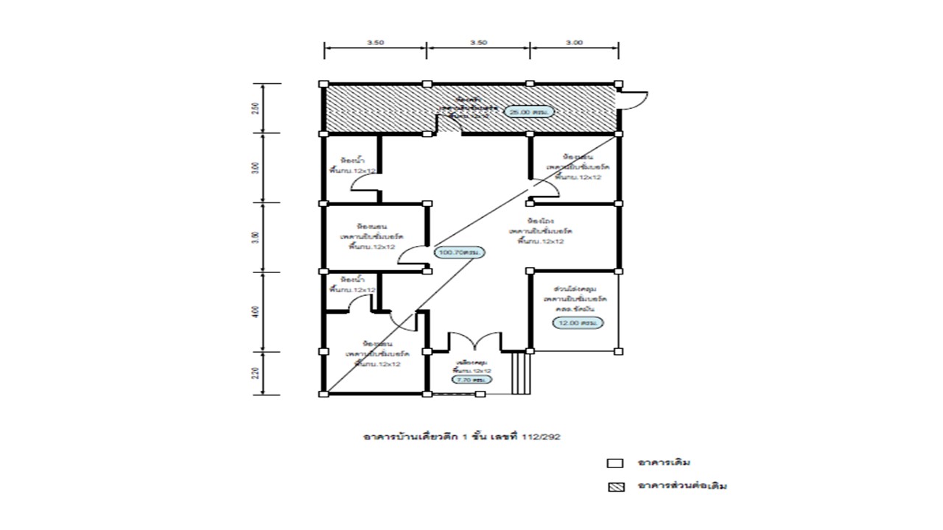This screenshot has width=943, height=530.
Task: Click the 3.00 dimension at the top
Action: pyautogui.click(x=574, y=43)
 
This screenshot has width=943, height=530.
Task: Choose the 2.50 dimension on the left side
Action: pyautogui.click(x=256, y=108)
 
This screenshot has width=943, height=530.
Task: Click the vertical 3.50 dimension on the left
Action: pyautogui.click(x=256, y=237)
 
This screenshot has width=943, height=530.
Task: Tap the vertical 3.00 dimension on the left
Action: pyautogui.click(x=256, y=167)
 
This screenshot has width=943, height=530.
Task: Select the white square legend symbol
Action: pyautogui.click(x=614, y=464)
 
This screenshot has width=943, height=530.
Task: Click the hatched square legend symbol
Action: pyautogui.click(x=614, y=487)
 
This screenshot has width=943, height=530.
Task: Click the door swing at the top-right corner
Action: pyautogui.click(x=634, y=99)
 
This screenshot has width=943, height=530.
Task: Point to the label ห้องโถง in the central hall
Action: pyautogui.click(x=536, y=221)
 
